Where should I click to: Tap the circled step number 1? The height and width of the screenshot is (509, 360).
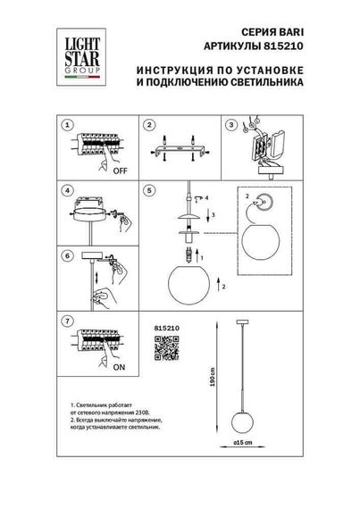(66, 125)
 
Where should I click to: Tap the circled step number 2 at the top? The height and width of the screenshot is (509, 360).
(151, 125)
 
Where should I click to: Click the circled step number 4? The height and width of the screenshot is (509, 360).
(66, 190)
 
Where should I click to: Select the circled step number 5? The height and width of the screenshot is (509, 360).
(151, 190)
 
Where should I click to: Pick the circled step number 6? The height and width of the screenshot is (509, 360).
(66, 254)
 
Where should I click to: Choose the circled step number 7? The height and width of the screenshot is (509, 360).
(66, 319)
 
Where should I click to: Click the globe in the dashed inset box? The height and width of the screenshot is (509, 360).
(260, 243)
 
